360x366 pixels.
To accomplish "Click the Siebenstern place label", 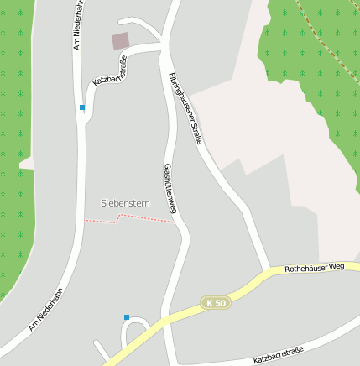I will pyautogui.click(x=125, y=203).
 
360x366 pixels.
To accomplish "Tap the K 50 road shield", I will pyautogui.click(x=215, y=302).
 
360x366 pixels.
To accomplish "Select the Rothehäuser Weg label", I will pyautogui.click(x=315, y=268).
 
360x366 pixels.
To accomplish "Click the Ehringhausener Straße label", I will pyautogui.click(x=185, y=109).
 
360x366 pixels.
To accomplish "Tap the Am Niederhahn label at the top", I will pyautogui.click(x=76, y=25).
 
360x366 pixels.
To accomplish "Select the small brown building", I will pyautogui.click(x=121, y=41).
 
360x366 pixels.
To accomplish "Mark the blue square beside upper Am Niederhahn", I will pyautogui.click(x=81, y=107).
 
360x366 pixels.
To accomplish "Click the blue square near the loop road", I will pyautogui.click(x=127, y=317).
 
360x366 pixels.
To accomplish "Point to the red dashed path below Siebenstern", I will pyautogui.click(x=126, y=218).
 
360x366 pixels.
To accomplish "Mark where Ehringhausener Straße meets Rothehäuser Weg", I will pyautogui.click(x=269, y=271).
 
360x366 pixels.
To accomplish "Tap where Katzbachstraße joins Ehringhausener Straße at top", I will pyautogui.click(x=164, y=44).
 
